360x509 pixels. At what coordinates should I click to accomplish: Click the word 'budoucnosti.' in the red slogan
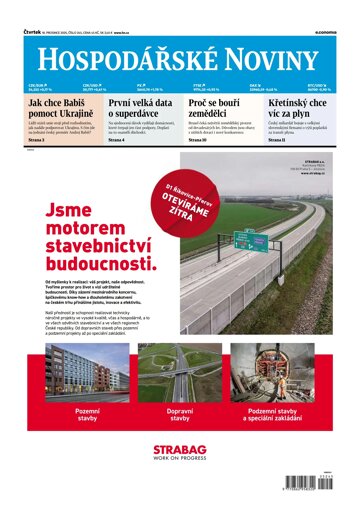click(101, 266)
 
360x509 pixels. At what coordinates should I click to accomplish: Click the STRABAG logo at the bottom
click(179, 453)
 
